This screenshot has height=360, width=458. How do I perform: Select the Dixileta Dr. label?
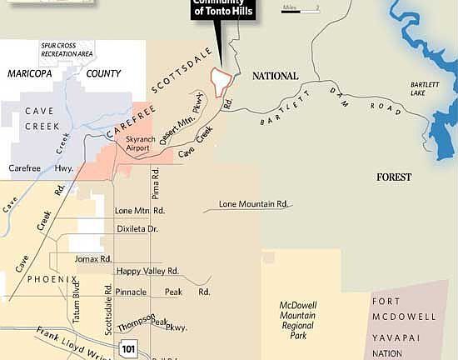coord(136,227)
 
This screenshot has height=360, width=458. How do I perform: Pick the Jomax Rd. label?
coord(93,259)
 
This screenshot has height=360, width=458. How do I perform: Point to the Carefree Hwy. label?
coord(30,167)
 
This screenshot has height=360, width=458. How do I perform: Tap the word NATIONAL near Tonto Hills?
coord(275,76)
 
